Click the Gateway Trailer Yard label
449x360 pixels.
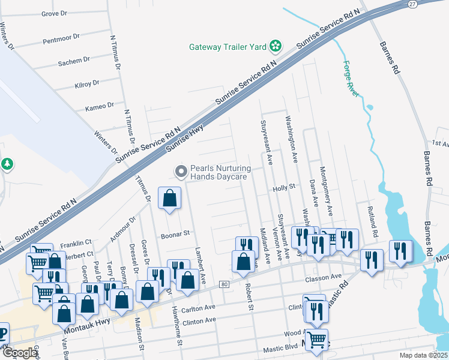[x=228, y=46]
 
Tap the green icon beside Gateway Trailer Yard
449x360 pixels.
[x=275, y=46]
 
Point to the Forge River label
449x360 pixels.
[x=351, y=79]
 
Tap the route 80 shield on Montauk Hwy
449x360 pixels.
[x=224, y=283]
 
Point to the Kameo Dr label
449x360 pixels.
[x=100, y=106]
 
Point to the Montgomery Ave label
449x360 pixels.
[x=327, y=191]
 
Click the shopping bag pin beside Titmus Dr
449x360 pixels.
[x=170, y=198]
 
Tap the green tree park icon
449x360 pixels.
[x=7, y=164]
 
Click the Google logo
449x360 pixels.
[x=20, y=353]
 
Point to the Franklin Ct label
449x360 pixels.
[x=76, y=242]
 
